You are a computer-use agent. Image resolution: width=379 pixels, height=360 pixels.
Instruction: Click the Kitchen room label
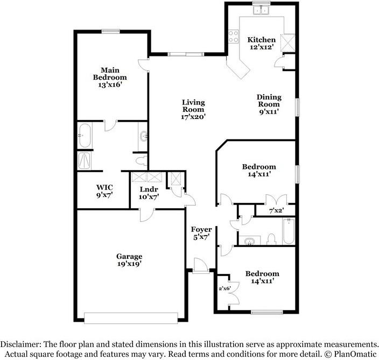pos(261,39)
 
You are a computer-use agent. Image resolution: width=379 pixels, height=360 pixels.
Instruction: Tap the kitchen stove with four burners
pos(234,37)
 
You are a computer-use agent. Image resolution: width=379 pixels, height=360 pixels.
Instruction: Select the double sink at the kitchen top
pos(261,10)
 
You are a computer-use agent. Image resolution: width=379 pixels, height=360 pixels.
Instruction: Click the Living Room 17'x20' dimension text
pos(193,117)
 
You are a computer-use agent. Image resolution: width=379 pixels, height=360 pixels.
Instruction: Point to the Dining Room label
pos(269,101)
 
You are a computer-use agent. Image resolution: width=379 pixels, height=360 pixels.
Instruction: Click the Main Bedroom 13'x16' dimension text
pos(110,85)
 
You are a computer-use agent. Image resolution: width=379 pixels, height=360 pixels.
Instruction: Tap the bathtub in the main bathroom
pos(85,136)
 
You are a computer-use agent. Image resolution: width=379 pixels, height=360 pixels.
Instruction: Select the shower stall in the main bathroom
pos(85,160)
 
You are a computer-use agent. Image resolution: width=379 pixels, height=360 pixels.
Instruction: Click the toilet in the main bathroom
pos(142,161)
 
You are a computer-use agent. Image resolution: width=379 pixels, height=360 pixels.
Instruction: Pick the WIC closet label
pos(104,187)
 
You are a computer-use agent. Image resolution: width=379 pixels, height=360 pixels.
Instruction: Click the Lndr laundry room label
pos(149,189)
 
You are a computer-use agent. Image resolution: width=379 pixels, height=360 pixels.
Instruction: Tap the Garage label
pos(129,256)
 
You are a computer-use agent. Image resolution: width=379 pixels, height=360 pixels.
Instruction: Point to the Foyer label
pos(201,229)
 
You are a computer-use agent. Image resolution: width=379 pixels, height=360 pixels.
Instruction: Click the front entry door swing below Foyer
pos(201,266)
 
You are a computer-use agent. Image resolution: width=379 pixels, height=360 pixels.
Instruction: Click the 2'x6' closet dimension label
pos(225,288)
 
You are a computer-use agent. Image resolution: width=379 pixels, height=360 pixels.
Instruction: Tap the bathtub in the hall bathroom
pos(289,231)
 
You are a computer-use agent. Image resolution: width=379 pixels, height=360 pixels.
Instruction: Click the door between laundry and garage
pos(147,215)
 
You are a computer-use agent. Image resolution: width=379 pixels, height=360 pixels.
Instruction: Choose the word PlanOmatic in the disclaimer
pos(355,354)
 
